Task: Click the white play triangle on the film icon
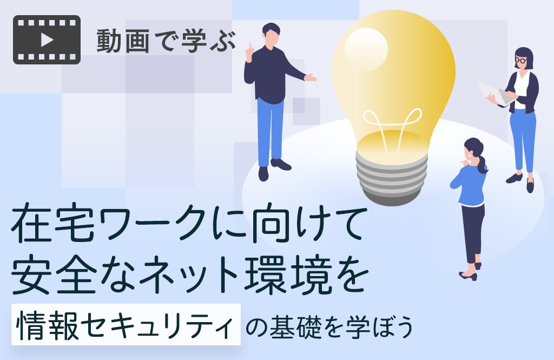pos(47,40)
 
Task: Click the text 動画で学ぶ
pos(166,41)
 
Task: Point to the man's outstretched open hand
pos(310,77)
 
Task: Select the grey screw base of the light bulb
pos(392,179)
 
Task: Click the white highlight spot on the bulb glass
pos(366,49)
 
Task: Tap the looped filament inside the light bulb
pos(392,122)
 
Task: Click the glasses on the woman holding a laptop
pos(520,60)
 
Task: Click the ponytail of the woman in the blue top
pos(482,162)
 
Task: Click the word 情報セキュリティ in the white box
pos(125,325)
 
